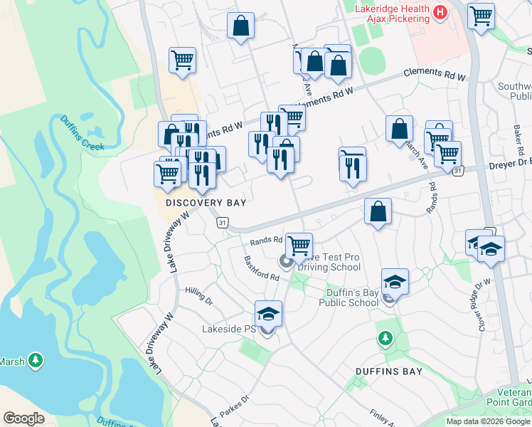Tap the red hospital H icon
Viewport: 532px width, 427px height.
point(440,12)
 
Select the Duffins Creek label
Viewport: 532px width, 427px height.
point(82,133)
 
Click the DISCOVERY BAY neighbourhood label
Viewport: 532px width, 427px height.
point(206,203)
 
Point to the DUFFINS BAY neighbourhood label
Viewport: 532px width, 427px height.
point(389,371)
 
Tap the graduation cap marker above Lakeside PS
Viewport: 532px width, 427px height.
point(268,314)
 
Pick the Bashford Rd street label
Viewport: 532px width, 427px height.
point(261,268)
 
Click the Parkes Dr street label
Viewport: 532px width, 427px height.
point(236,408)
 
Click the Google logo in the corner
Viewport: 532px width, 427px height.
point(24,418)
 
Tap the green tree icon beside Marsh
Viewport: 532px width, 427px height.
point(35,362)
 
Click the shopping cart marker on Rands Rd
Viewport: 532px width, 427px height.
point(299,246)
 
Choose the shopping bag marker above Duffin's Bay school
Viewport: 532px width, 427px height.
point(378,211)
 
